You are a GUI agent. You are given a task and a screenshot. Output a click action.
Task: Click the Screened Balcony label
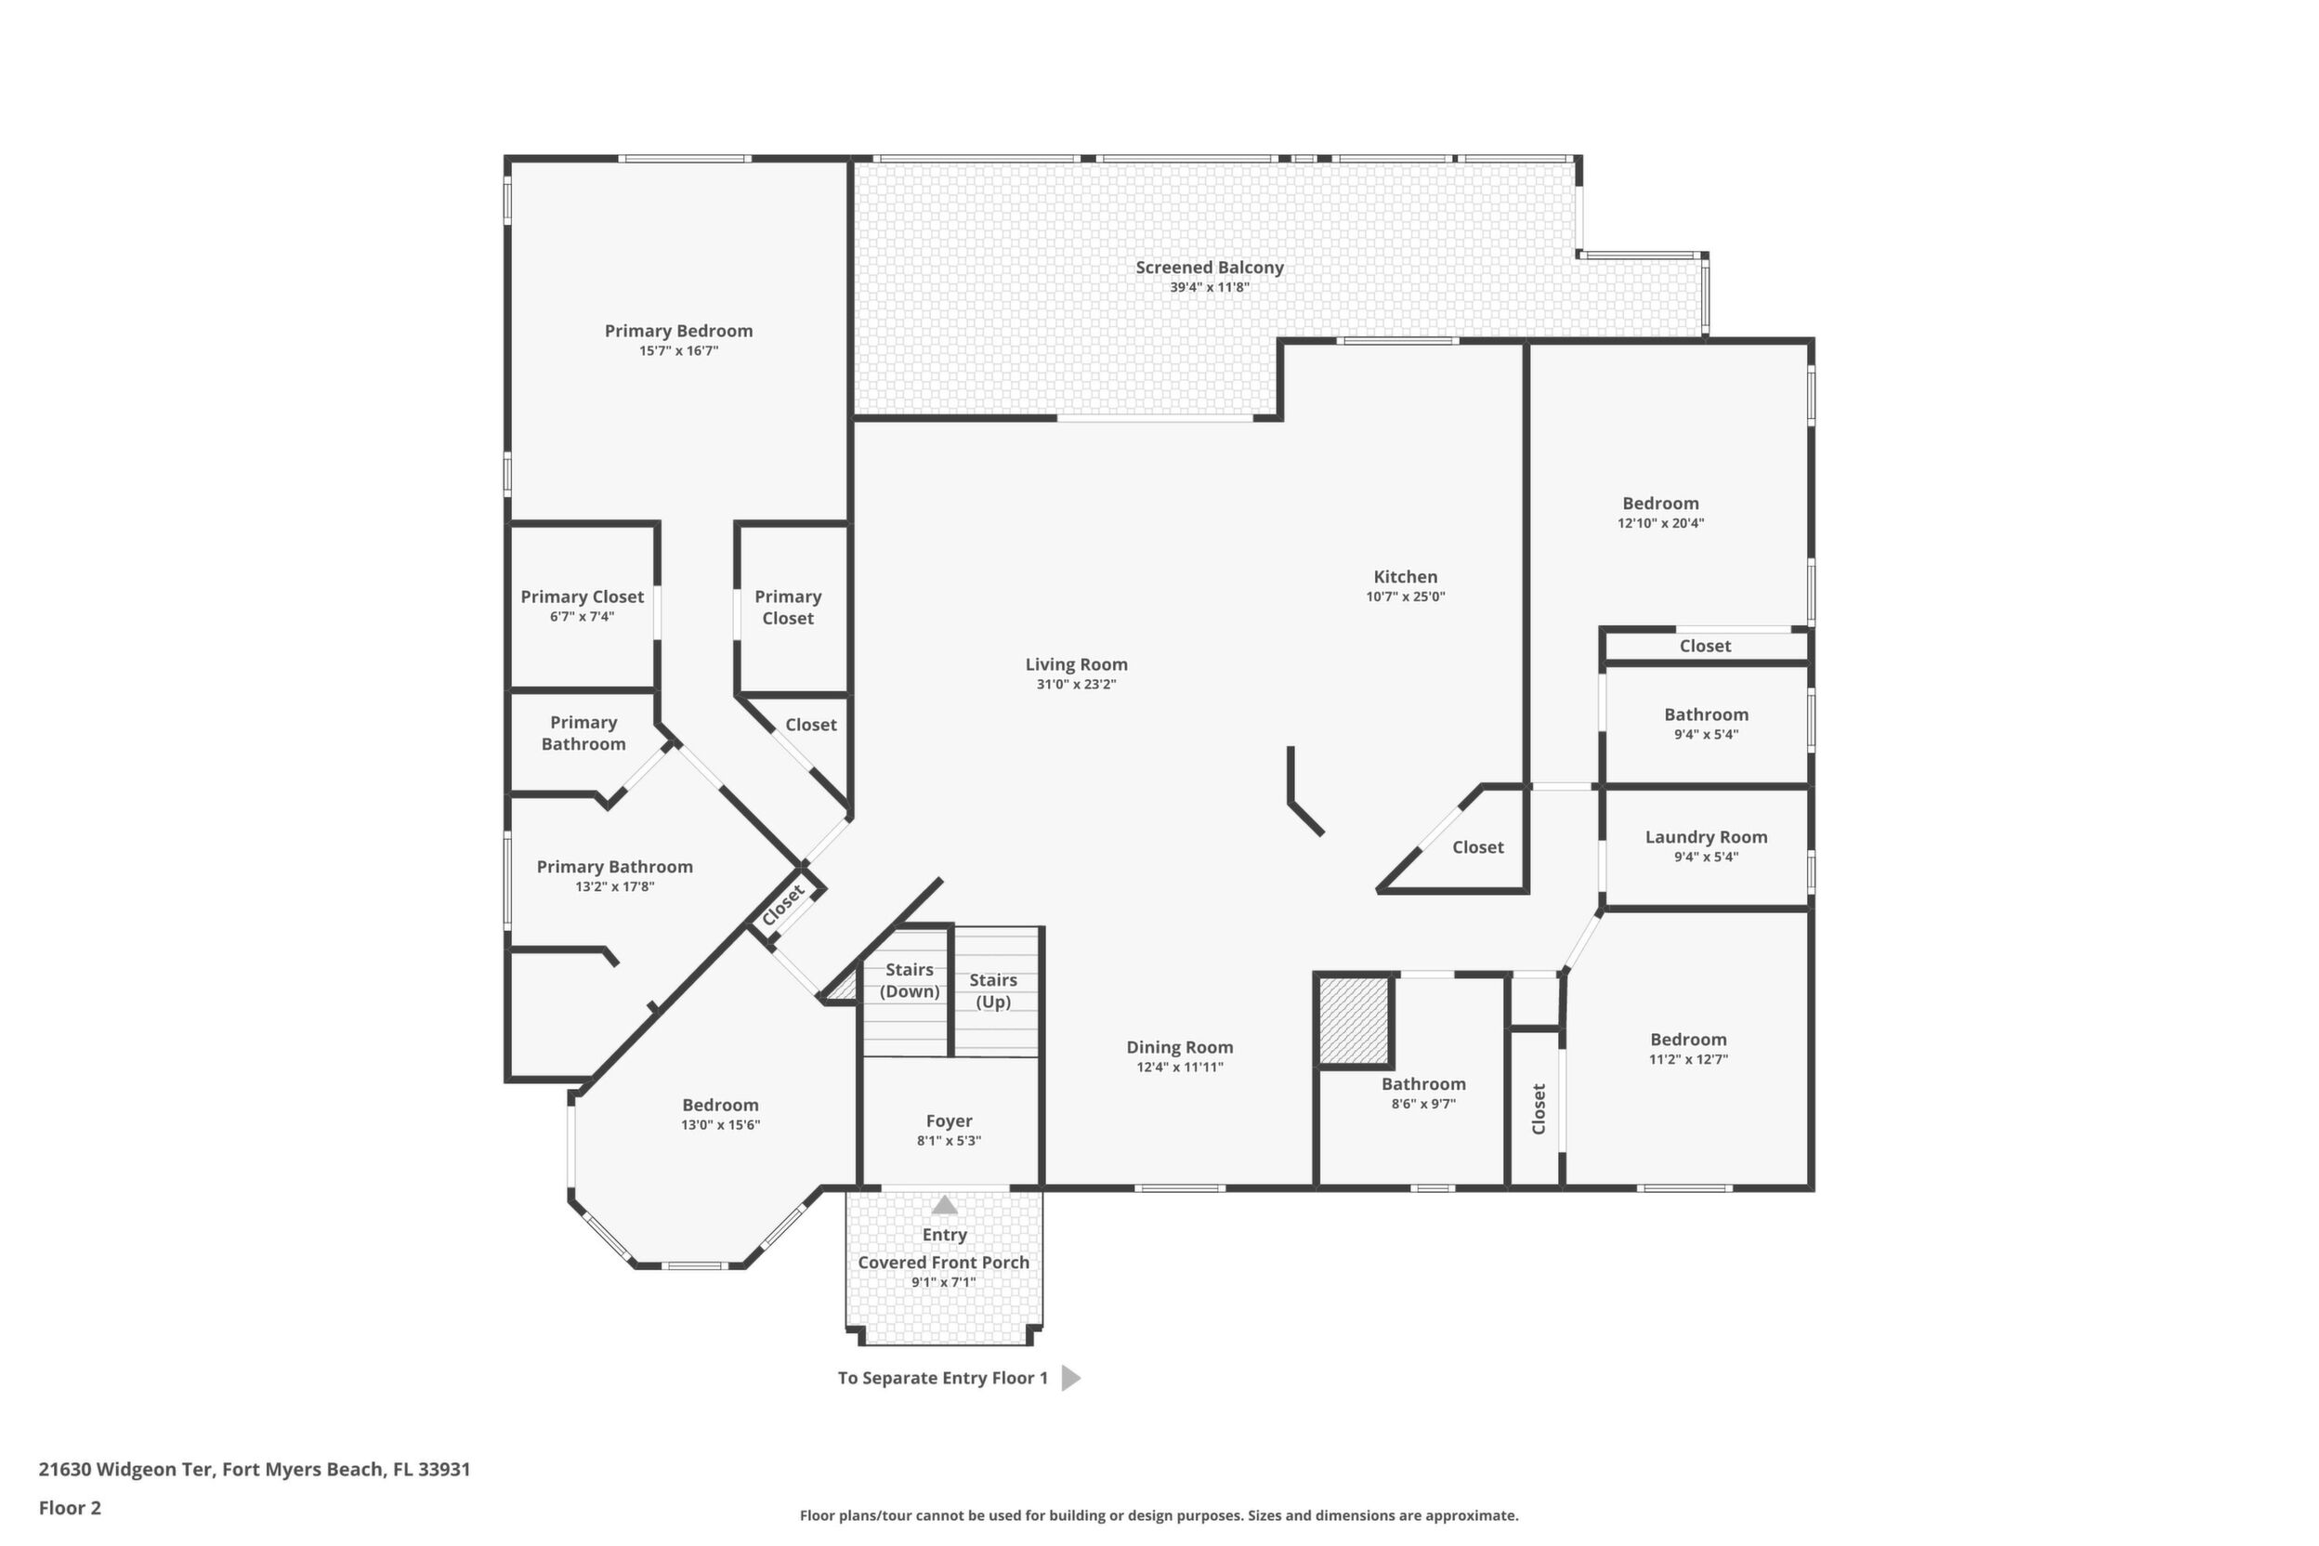(1209, 268)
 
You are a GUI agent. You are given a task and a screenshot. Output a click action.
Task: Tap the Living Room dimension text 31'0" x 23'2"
(1076, 684)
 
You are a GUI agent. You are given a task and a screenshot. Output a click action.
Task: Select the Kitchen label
(1405, 577)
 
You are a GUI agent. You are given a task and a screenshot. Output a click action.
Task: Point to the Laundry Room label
(1706, 838)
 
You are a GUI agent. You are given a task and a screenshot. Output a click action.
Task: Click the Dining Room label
(1179, 1047)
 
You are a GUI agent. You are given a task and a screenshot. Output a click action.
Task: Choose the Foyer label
(949, 1121)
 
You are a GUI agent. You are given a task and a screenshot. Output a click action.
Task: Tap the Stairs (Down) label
(909, 980)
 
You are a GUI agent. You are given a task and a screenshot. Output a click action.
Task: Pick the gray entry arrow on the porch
(945, 1205)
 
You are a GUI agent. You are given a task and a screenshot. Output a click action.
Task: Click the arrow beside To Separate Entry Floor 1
(1070, 1379)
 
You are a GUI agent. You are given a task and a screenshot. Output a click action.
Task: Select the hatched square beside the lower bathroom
(1355, 1020)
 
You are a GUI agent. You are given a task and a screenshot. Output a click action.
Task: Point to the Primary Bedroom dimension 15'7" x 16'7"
(678, 351)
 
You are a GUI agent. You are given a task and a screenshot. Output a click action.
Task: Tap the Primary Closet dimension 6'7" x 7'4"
(582, 617)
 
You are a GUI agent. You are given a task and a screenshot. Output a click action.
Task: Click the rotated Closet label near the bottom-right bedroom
(1539, 1109)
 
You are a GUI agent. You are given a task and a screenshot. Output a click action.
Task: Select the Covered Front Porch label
(944, 1262)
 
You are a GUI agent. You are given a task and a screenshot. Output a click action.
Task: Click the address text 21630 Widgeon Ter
(125, 1469)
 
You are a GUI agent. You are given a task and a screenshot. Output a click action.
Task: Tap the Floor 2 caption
(70, 1508)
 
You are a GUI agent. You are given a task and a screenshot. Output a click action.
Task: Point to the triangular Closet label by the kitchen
(1478, 847)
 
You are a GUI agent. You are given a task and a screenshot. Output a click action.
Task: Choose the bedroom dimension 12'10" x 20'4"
(1660, 524)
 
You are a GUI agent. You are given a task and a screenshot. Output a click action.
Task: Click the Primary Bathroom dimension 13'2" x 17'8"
(614, 886)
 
